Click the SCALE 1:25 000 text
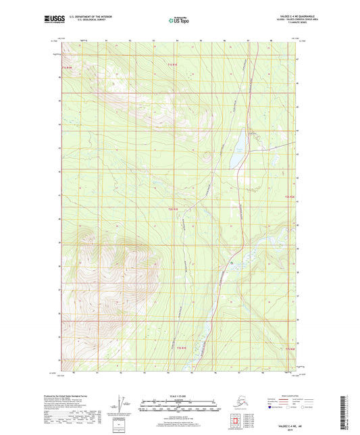coord(180,396)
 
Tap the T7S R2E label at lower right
coord(290,349)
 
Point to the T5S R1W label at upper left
coord(66,66)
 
